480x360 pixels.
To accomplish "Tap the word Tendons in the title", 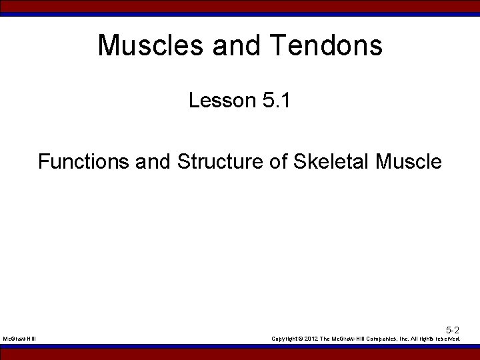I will coord(326,45).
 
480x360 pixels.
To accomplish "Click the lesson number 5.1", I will coord(276,101).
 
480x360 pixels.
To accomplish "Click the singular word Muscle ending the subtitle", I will coord(409,161).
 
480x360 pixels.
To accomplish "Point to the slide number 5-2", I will coord(453,330).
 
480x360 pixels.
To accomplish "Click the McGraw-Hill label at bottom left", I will coord(19,339).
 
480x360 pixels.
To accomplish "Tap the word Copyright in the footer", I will coord(284,339).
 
